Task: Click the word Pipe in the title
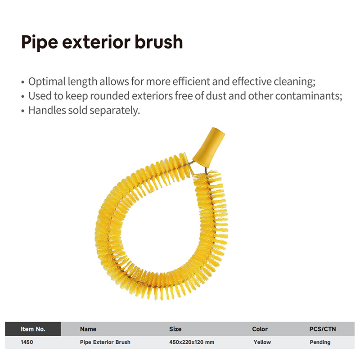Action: coord(40,42)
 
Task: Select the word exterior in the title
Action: coord(96,42)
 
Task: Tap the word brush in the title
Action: coord(159,41)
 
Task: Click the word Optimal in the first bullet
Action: coord(47,82)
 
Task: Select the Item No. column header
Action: coord(33,329)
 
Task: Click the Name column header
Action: coord(88,329)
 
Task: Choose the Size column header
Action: coord(175,329)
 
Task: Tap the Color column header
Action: coord(260,329)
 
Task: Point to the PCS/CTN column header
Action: coord(323,329)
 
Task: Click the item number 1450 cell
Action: coord(27,342)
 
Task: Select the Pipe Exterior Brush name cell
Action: coord(105,342)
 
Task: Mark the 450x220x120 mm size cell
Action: coord(192,342)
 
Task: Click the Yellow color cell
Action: coord(262,342)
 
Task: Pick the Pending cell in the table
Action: coord(320,342)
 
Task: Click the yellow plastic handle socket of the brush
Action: coord(209,147)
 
